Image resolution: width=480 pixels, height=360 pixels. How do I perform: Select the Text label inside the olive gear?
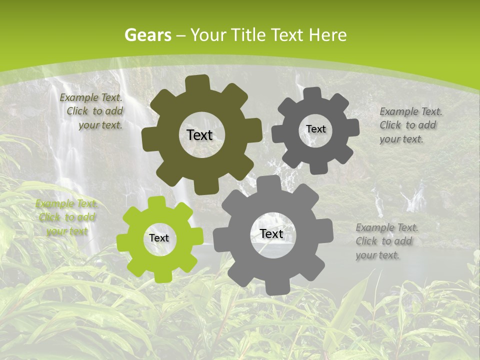coord(199,135)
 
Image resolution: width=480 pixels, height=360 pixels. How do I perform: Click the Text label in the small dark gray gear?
coord(315,129)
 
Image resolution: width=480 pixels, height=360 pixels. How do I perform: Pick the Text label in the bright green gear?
coord(159,238)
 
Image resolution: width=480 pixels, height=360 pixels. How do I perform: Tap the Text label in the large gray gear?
coord(271,233)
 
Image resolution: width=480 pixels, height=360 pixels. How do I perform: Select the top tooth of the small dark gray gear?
coord(312,93)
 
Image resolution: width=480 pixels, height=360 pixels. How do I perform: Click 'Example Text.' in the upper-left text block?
coord(90,97)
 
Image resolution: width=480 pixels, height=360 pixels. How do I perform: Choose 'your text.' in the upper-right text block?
coord(401,139)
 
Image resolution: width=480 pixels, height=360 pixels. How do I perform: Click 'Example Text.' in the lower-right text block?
coord(387,227)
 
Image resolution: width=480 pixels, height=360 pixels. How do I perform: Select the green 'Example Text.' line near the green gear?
coord(66,204)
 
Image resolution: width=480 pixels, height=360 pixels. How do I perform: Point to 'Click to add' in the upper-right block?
coord(407,125)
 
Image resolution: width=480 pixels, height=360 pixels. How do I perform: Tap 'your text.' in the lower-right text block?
coord(377,255)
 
